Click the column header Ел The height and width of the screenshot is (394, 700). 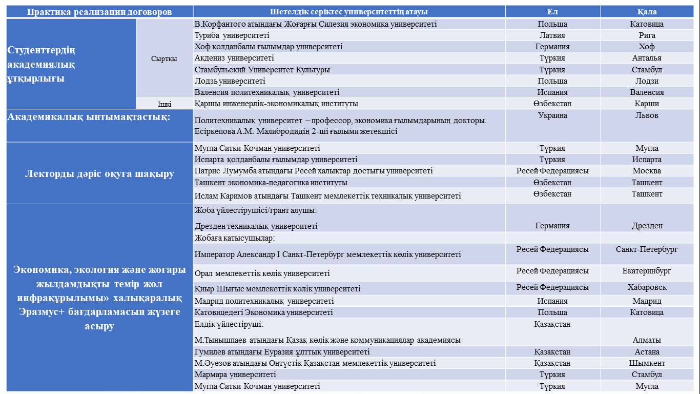552,12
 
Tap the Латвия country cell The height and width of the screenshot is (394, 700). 552,35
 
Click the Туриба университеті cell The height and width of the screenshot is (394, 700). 232,35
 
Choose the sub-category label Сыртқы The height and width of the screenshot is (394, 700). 164,58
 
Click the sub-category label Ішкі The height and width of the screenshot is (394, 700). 164,104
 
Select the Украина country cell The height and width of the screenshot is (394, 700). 552,115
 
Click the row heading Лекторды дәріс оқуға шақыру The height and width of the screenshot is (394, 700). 99,173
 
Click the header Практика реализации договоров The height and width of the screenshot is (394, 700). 99,12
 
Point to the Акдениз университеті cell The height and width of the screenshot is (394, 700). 234,58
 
